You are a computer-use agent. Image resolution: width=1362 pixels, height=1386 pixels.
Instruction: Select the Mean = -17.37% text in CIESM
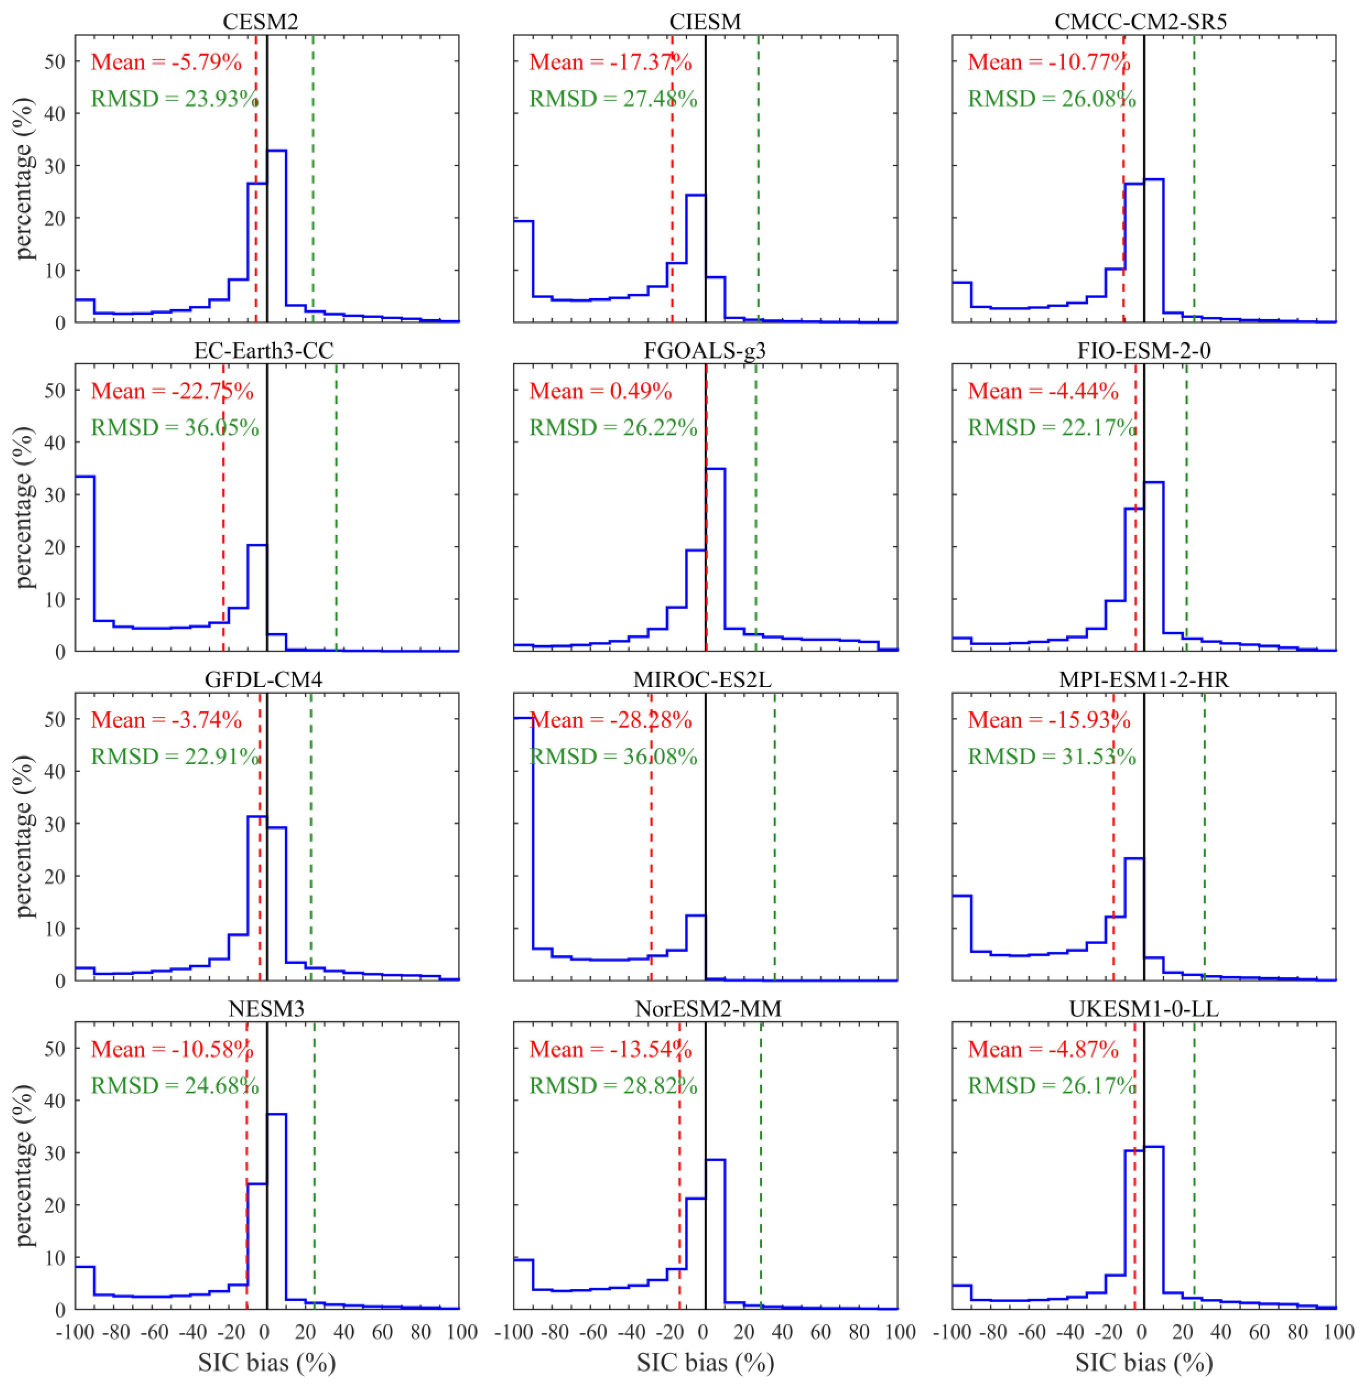click(610, 62)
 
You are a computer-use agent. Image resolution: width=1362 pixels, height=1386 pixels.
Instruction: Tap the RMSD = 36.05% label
click(175, 428)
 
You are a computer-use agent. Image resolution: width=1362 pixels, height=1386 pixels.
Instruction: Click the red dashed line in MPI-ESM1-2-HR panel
click(1114, 858)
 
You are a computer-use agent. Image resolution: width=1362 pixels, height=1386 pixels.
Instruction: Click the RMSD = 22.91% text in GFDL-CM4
click(175, 756)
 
